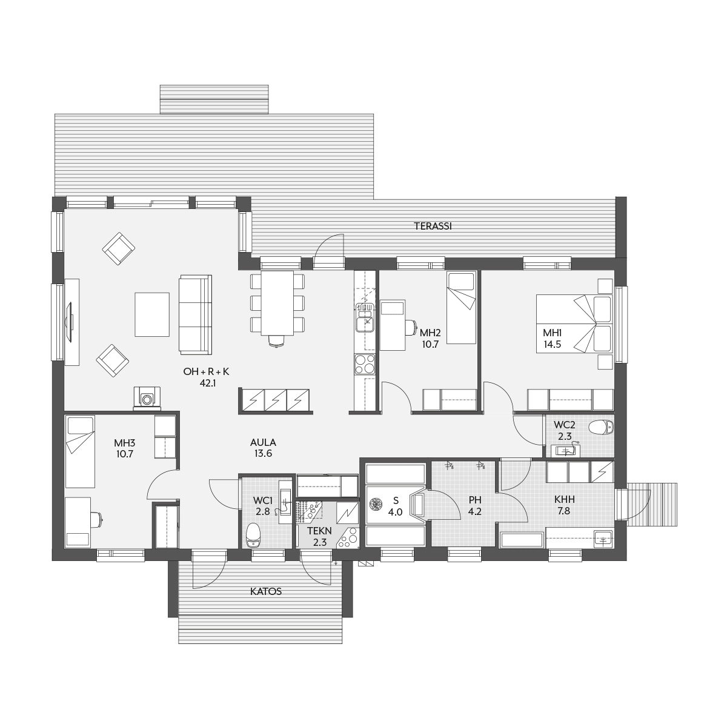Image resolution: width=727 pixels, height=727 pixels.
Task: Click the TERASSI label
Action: [x=433, y=227]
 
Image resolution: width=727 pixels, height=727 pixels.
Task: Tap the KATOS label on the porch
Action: [x=266, y=591]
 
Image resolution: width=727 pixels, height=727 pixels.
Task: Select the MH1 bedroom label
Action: [x=553, y=333]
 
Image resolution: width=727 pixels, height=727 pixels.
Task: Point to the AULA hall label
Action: [x=263, y=442]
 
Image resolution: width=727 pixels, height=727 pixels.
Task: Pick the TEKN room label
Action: [x=319, y=531]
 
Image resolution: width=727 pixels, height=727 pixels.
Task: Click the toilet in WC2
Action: [x=602, y=427]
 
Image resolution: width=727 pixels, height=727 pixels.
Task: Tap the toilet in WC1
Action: [x=253, y=536]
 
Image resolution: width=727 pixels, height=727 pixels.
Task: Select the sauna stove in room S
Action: [x=376, y=504]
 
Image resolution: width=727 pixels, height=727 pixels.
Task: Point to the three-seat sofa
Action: [x=195, y=314]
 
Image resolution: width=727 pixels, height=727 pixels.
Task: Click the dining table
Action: [x=277, y=302]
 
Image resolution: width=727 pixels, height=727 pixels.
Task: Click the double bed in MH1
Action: [x=574, y=324]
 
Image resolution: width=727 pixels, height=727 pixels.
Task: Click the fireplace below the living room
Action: [x=147, y=397]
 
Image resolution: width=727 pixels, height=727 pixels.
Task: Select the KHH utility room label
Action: [x=565, y=499]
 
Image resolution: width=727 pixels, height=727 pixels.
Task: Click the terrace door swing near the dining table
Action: [x=329, y=245]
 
